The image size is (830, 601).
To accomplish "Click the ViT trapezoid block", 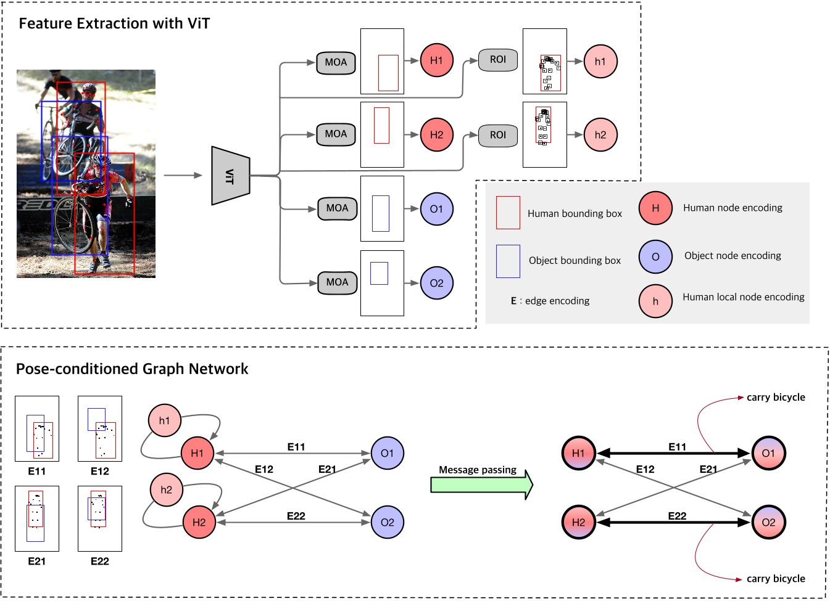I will click(x=230, y=176).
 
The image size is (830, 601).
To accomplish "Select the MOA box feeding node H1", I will click(x=336, y=62).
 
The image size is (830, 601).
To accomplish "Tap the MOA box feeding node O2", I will click(x=337, y=282).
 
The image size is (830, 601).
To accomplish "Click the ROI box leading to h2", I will click(x=497, y=135).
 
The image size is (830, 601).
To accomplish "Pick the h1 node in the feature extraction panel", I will click(x=600, y=61).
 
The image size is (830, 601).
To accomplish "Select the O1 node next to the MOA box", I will click(x=436, y=209).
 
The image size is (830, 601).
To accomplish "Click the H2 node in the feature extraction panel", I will click(x=436, y=134).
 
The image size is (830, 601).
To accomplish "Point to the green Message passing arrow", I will click(x=481, y=484).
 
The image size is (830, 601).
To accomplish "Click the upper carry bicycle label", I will click(x=775, y=398).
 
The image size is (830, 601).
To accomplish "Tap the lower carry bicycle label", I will click(x=775, y=578).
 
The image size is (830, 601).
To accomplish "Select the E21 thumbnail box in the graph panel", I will click(x=37, y=518).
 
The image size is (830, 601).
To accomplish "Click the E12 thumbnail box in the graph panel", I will click(x=100, y=428).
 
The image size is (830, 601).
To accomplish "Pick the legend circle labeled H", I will click(x=655, y=208).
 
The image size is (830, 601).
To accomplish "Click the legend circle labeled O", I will click(x=655, y=256).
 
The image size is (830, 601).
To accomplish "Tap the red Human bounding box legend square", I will click(x=508, y=213).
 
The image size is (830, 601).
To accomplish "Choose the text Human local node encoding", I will click(x=743, y=297).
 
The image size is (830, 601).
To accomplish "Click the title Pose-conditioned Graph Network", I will click(x=132, y=369).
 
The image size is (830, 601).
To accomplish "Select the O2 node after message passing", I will click(x=768, y=522).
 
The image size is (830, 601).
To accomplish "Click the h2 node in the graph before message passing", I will click(x=166, y=490).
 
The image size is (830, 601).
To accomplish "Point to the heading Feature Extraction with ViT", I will click(x=114, y=23).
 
